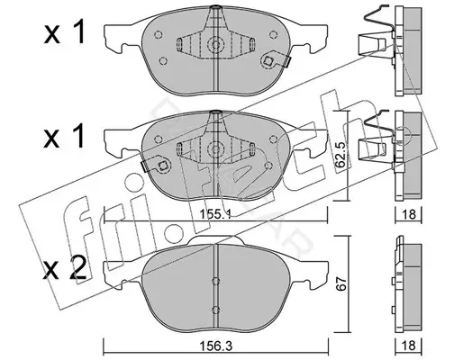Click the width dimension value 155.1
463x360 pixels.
coord(215,214)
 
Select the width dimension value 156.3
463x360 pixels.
coord(215,346)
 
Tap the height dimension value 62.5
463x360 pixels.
coord(340,156)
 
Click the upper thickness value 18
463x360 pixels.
coord(409,214)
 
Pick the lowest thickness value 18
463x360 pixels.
coord(409,346)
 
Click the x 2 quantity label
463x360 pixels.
coord(65,268)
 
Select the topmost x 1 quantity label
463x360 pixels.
coord(64,33)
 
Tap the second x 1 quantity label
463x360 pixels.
coord(64,137)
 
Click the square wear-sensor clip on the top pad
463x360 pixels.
coord(268,61)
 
